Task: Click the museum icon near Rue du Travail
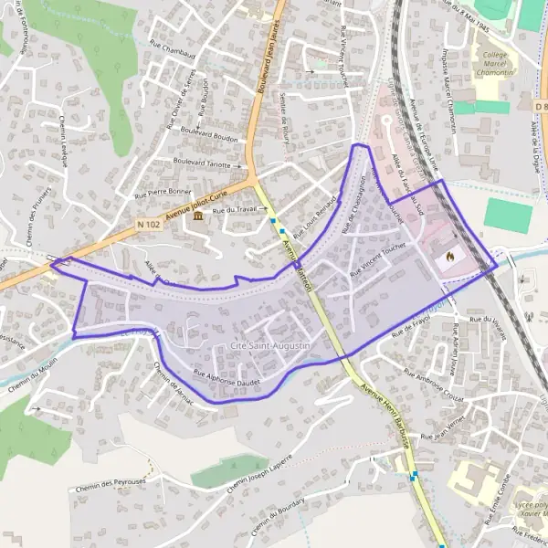[197, 216]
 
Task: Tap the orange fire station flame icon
[448, 258]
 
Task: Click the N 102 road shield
[148, 224]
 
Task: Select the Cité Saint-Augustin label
[271, 347]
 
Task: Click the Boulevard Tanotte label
[202, 163]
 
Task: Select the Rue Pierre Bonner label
[163, 194]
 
